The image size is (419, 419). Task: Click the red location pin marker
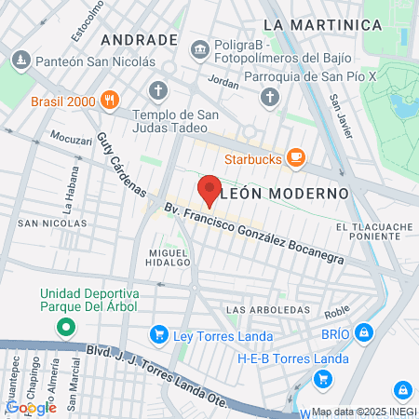(209, 190)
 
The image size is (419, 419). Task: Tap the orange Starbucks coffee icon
(295, 158)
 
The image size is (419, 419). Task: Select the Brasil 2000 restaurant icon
(110, 100)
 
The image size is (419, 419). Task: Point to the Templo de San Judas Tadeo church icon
(159, 90)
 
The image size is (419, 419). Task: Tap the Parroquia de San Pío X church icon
(270, 96)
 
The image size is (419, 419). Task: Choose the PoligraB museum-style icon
(198, 48)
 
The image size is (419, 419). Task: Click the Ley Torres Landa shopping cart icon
(159, 335)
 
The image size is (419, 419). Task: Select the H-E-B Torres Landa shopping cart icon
(323, 378)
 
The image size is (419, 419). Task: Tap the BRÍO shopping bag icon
(364, 331)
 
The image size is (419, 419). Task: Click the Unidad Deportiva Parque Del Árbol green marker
(65, 327)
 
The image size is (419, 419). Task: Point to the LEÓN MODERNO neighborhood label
(286, 193)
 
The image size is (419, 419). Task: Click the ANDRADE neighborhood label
(139, 40)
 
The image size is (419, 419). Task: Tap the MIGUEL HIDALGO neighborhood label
(162, 258)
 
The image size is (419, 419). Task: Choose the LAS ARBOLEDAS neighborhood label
(268, 309)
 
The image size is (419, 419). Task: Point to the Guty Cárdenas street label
(121, 164)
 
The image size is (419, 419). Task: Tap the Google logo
(31, 407)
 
